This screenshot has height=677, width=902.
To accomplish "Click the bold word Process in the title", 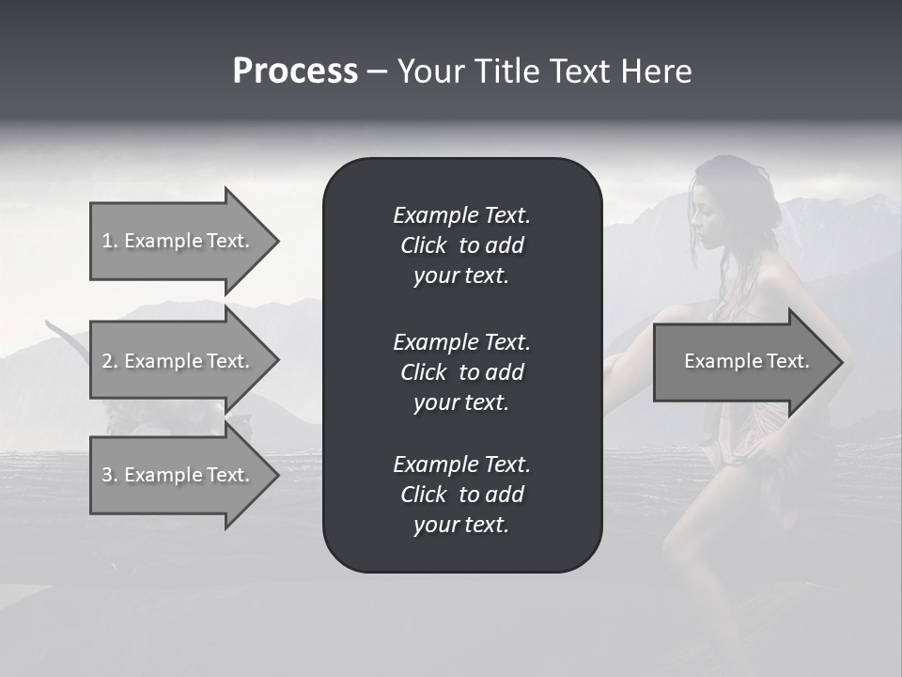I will click(x=295, y=71).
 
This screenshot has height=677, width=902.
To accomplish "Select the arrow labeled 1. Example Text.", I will click(x=179, y=241).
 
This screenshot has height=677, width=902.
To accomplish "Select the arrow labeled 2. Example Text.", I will click(x=179, y=361).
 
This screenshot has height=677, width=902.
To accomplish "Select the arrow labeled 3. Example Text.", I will click(x=179, y=475).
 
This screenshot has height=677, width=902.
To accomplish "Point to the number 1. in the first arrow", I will click(x=109, y=241).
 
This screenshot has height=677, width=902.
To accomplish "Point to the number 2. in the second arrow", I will click(x=109, y=361).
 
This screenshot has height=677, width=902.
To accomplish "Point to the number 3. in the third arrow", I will click(x=109, y=475).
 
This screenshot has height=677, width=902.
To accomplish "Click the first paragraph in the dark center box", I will click(x=461, y=245).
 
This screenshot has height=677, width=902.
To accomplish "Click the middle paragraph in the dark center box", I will click(x=461, y=372).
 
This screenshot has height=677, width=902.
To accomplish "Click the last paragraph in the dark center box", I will click(x=461, y=495).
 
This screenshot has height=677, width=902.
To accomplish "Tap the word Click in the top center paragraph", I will click(x=423, y=245).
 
